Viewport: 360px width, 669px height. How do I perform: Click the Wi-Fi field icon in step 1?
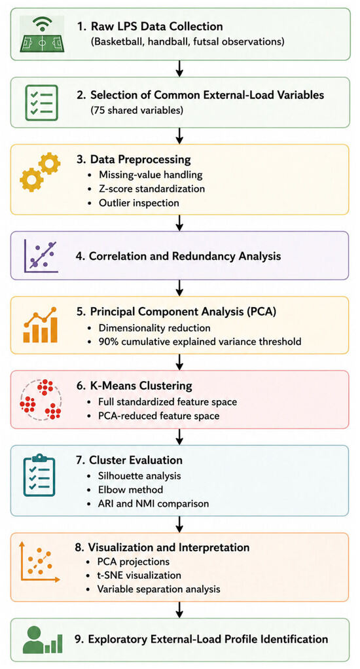coord(42,33)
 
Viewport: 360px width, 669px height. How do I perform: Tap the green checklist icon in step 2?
coord(41,102)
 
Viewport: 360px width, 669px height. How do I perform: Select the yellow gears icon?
coord(40,172)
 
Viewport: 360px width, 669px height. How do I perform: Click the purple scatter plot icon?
coord(41,255)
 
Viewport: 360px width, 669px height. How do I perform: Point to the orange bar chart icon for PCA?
coord(41,325)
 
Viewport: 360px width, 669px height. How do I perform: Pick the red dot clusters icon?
coord(41,399)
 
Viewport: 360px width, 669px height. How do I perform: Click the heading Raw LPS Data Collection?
coord(150,26)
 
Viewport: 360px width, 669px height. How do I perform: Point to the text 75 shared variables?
coord(137,111)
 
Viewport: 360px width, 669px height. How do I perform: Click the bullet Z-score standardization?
coord(152,188)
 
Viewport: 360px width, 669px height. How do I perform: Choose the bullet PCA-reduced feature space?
coord(159,415)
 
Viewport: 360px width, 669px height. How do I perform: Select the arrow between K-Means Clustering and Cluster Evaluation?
coord(179,437)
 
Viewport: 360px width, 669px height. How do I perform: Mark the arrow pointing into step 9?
coord(179,609)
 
